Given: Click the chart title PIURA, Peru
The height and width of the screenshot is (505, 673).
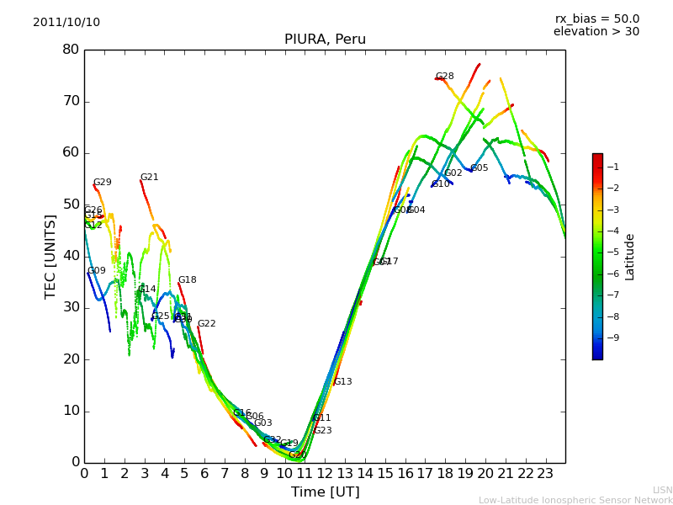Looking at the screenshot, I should [x=325, y=40].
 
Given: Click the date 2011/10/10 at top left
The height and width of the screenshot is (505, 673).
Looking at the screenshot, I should [x=66, y=23].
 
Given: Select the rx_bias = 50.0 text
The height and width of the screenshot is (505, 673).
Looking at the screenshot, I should [x=596, y=19].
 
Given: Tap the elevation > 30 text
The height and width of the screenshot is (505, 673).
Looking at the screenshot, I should [x=596, y=32].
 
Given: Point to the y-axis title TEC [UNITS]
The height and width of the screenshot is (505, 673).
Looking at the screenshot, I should [x=50, y=256].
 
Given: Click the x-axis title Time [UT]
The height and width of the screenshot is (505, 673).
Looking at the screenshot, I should [x=325, y=492].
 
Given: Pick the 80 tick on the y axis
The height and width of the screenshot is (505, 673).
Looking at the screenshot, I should [x=71, y=50].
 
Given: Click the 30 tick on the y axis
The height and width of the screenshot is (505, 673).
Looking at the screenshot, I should [x=71, y=307].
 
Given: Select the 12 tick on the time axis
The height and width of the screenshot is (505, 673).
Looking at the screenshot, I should [x=325, y=474].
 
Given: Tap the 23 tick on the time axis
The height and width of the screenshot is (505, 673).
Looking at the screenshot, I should [x=545, y=474].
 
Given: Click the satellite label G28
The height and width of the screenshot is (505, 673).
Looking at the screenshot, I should [x=444, y=77].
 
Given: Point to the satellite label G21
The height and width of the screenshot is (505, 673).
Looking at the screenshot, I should [x=149, y=178].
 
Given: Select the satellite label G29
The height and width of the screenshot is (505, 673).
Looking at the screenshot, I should [x=102, y=183].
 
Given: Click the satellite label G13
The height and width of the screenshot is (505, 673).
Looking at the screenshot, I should [x=342, y=382].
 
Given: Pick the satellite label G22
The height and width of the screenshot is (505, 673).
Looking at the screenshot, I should [x=206, y=324].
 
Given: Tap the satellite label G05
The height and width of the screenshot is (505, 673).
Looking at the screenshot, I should [x=479, y=168].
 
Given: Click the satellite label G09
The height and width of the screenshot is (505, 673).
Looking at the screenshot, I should [x=97, y=271].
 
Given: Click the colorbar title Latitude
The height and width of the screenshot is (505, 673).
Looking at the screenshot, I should [x=630, y=257].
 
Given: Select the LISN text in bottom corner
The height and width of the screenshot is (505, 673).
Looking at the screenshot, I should [x=662, y=490].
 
